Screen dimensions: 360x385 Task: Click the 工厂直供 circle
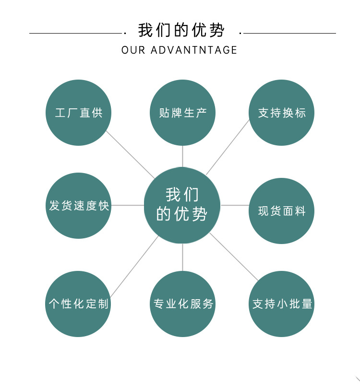click(x=79, y=113)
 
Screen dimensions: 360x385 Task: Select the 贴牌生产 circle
click(x=182, y=113)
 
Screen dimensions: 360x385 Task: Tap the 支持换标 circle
click(x=282, y=113)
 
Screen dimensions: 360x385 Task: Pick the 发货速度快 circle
click(x=79, y=206)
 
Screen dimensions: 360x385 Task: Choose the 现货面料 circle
click(x=282, y=211)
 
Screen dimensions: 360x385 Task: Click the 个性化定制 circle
click(x=79, y=303)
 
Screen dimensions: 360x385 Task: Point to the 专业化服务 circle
click(x=182, y=303)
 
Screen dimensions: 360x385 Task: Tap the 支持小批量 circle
click(x=282, y=303)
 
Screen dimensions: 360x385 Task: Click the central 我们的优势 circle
click(x=182, y=205)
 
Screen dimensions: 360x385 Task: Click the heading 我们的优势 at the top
click(x=181, y=30)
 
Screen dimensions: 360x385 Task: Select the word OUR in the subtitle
click(x=133, y=50)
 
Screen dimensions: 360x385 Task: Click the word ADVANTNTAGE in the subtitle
click(x=194, y=50)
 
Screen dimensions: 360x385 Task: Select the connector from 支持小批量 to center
click(x=234, y=257)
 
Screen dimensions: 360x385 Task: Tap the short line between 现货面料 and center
click(x=235, y=205)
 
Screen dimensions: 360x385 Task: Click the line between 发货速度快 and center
click(x=128, y=205)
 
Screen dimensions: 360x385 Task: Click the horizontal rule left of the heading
click(x=74, y=33)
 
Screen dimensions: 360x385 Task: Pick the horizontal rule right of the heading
click(x=290, y=33)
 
